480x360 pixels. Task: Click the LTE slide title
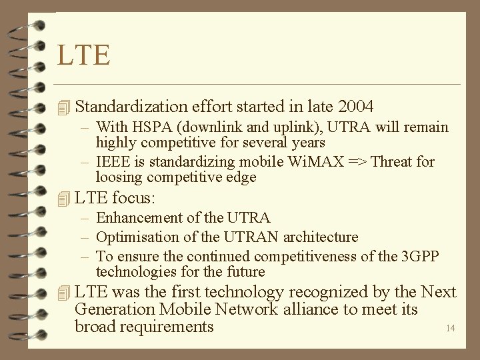[x=83, y=55]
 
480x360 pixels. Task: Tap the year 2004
[x=356, y=106]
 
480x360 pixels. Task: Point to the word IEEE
[x=112, y=162]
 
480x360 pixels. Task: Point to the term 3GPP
[x=420, y=257]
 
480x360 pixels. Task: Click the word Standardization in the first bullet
[x=131, y=106]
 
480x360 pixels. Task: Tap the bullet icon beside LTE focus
[x=63, y=198]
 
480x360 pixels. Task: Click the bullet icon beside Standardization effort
[x=63, y=107]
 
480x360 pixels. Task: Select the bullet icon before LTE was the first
[x=63, y=293]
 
